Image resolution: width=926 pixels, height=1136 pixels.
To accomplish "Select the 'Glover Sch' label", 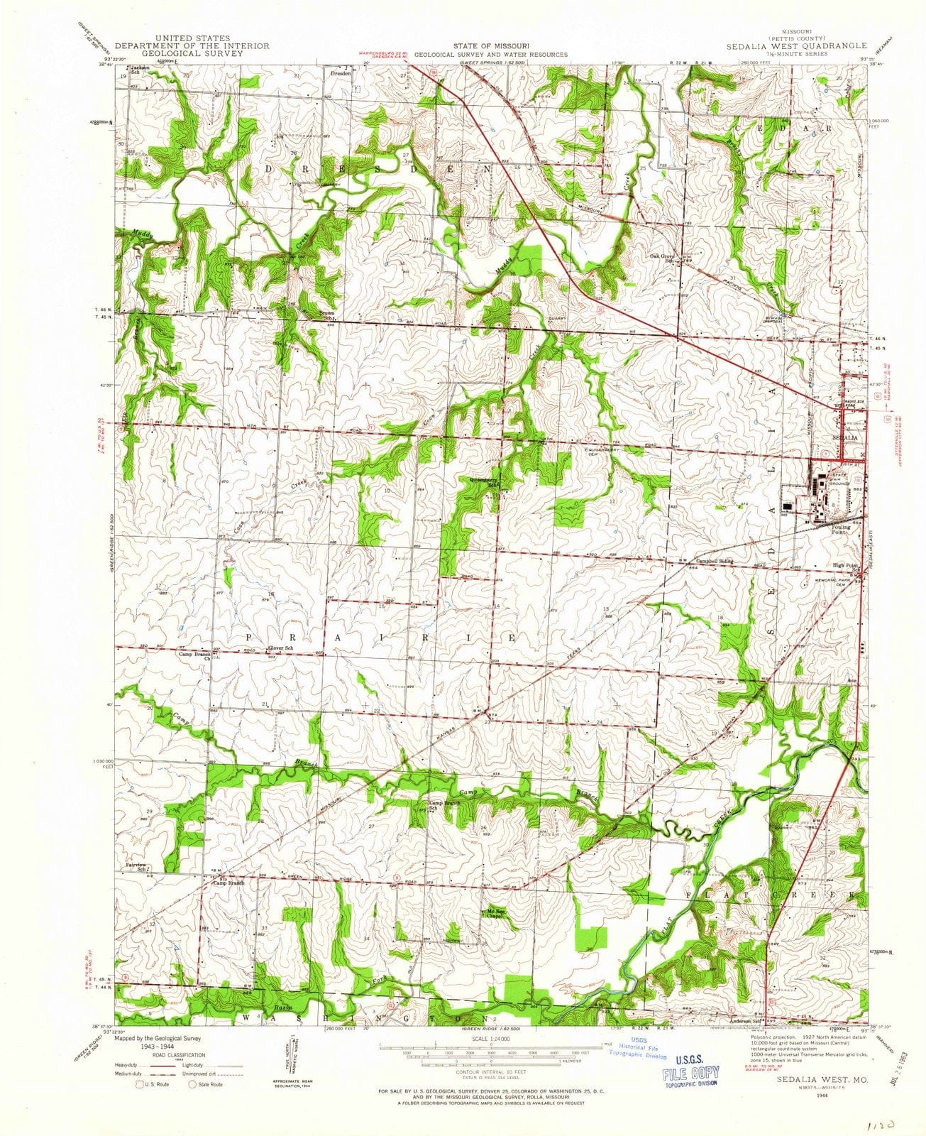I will pyautogui.click(x=280, y=649).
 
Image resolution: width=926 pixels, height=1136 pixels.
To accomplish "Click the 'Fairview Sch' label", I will pyautogui.click(x=136, y=866).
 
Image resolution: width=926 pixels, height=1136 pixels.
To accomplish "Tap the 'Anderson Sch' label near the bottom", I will pyautogui.click(x=741, y=1016).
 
